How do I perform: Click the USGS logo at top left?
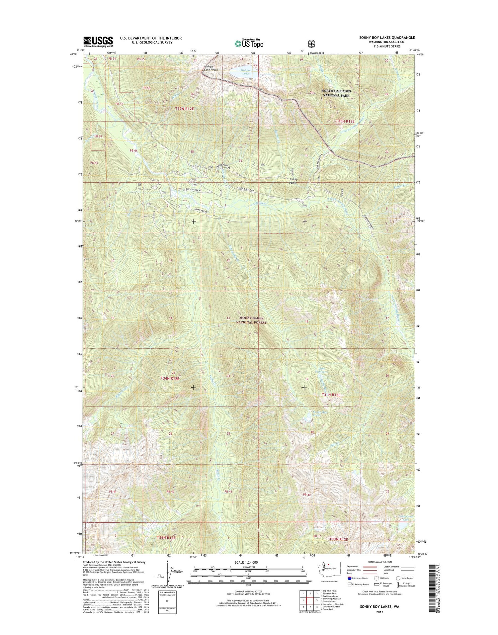[x=98, y=42]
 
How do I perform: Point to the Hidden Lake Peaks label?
[x=211, y=68]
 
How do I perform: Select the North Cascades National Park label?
[x=336, y=93]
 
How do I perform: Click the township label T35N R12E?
[x=185, y=109]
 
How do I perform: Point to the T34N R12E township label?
[x=170, y=378]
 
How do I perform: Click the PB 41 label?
[x=112, y=491]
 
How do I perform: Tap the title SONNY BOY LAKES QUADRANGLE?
[x=387, y=38]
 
